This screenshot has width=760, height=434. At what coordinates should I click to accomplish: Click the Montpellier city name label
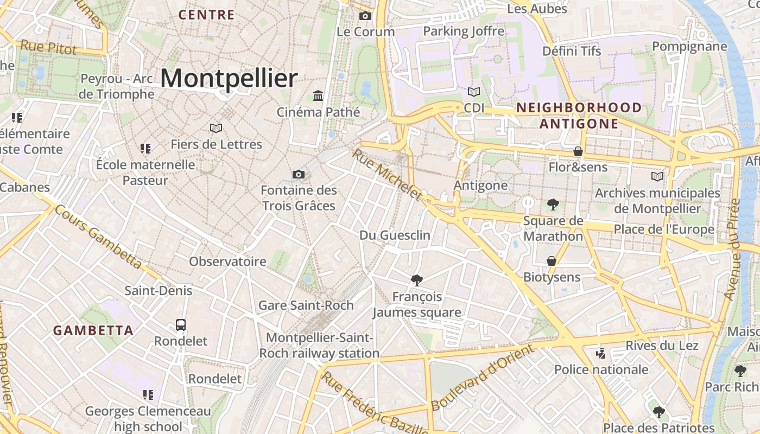[x=229, y=79]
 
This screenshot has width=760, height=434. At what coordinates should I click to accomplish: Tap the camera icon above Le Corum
[x=365, y=16]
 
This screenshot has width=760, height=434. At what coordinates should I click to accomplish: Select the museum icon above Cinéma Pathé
[x=318, y=96]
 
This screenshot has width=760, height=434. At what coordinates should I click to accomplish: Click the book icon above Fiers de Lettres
[x=216, y=129]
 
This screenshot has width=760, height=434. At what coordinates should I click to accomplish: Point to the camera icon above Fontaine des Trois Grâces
[x=298, y=174]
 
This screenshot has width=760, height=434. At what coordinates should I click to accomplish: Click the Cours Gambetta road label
[x=98, y=237]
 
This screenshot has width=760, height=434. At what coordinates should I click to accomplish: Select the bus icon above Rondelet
[x=181, y=325]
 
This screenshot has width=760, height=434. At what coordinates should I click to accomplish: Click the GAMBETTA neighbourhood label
[x=93, y=330]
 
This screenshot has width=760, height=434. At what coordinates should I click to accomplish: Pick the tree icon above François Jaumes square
[x=417, y=280]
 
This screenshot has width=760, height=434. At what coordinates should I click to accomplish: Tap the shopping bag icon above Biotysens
[x=552, y=261]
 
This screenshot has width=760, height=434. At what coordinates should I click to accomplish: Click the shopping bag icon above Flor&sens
[x=578, y=151]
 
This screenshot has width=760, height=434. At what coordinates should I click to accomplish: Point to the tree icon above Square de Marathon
[x=553, y=205]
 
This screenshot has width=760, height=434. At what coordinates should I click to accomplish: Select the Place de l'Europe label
[x=663, y=229]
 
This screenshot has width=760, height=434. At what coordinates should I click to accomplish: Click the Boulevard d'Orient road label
[x=483, y=378]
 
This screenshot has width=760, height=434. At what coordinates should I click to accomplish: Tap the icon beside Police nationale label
[x=600, y=354]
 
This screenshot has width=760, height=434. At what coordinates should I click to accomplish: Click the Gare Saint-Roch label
[x=306, y=305]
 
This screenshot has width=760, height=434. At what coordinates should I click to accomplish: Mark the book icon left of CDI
[x=474, y=92]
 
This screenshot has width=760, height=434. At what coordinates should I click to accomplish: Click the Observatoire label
[x=227, y=261]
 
